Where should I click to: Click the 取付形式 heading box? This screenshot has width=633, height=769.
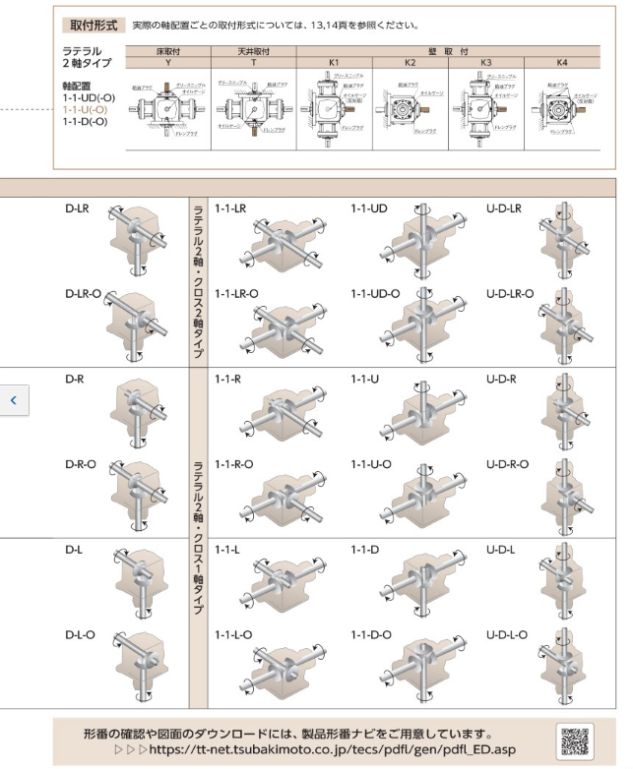pos(91,24)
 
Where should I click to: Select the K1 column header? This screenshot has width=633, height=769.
pos(335,60)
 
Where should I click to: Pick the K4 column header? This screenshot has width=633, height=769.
pos(562,60)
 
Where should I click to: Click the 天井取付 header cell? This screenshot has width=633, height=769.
pos(259,48)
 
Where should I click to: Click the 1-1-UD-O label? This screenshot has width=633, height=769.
pos(375,293)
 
